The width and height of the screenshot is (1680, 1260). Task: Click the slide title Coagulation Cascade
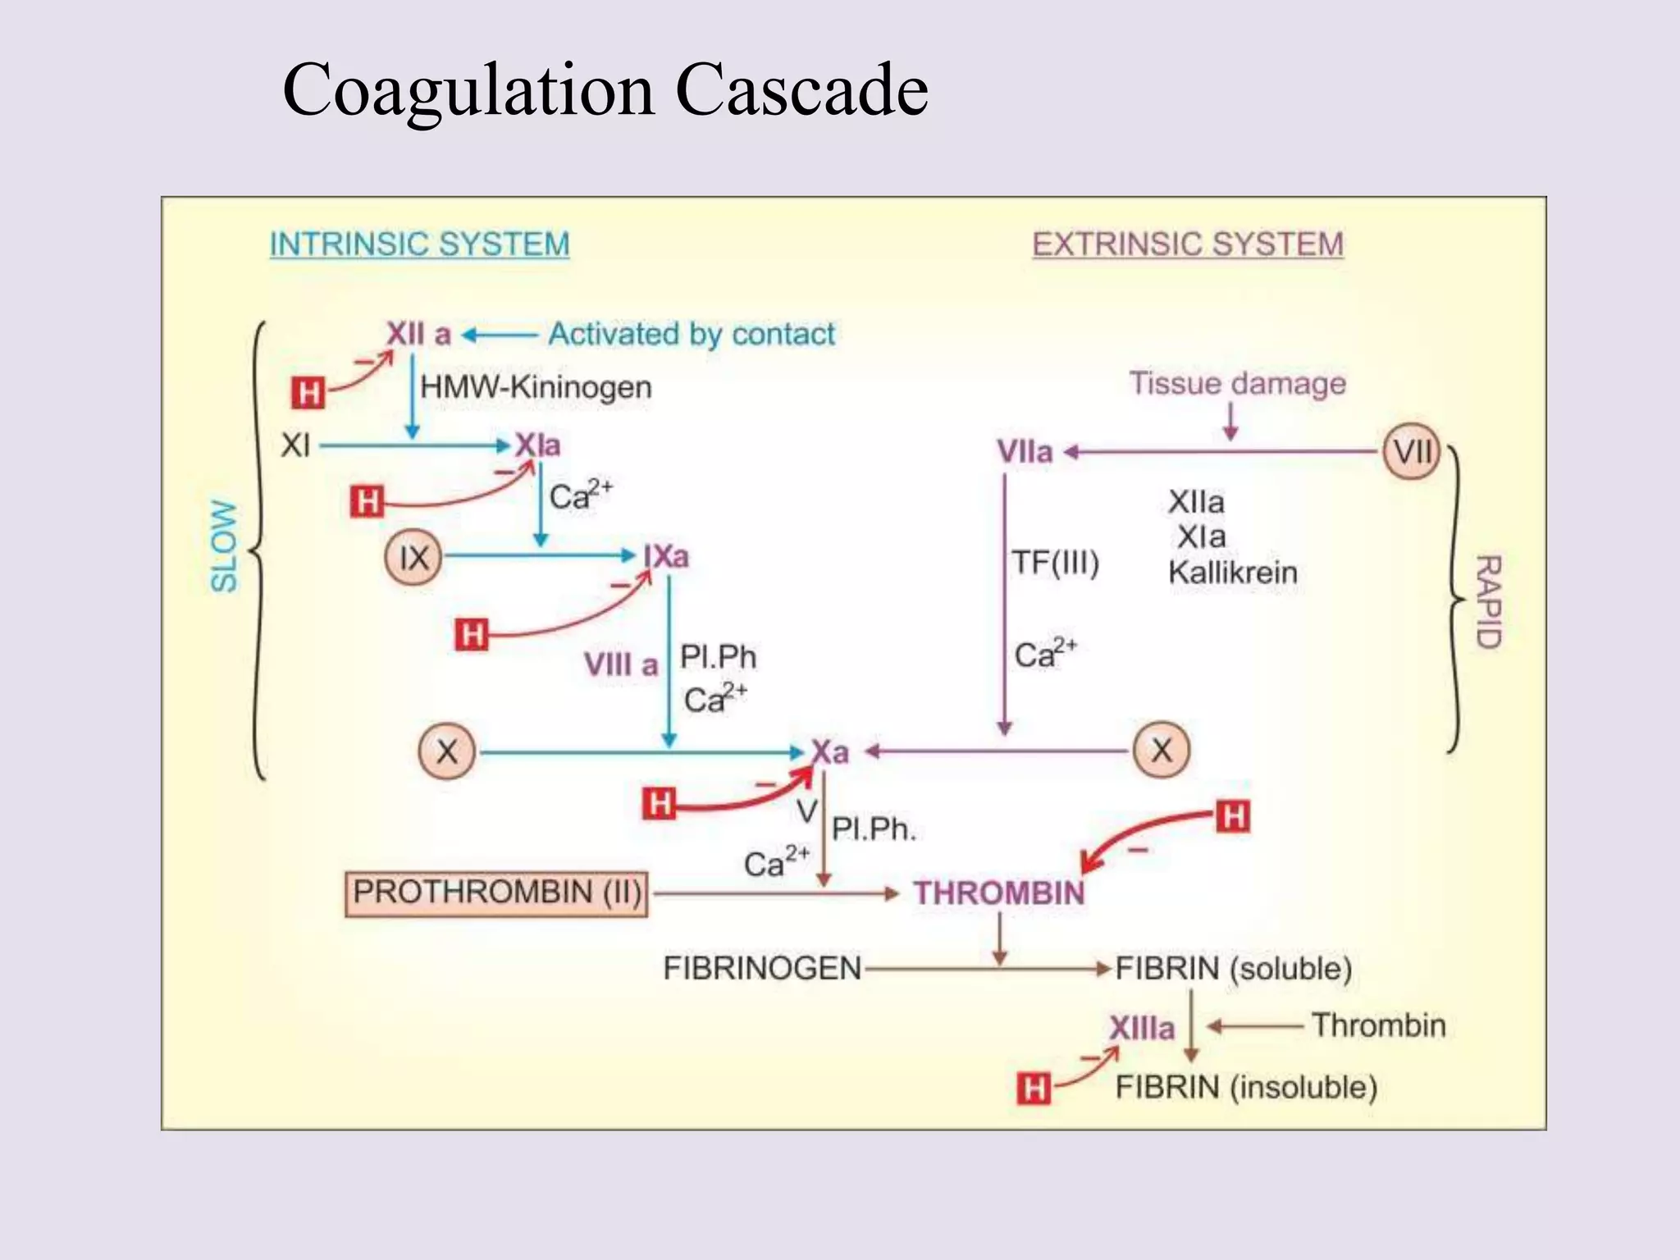(605, 90)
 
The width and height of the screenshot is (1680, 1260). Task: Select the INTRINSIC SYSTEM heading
(419, 244)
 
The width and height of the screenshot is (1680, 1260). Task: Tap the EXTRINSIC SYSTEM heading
(1187, 244)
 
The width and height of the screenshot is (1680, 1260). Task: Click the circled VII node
(1412, 451)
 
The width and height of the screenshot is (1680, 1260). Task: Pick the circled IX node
(413, 558)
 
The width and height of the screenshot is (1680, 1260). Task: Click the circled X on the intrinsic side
(447, 751)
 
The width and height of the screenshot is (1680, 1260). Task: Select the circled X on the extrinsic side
(1161, 750)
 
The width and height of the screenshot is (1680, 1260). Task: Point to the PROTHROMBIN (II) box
(496, 892)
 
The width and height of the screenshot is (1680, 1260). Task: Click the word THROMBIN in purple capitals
(999, 892)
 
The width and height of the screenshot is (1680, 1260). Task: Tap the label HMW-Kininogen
(536, 386)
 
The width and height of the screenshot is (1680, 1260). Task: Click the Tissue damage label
(1237, 383)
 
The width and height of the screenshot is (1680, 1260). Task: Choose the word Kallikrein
(1232, 572)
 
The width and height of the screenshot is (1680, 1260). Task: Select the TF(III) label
(1055, 563)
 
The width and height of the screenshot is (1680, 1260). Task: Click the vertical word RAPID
(1488, 601)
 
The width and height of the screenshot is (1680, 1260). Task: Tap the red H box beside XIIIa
(1033, 1089)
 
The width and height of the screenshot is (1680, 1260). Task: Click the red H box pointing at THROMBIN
(1233, 816)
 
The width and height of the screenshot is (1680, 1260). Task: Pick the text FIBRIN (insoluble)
(1245, 1087)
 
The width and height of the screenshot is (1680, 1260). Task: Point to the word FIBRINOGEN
(762, 968)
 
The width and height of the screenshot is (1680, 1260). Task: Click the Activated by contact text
(692, 334)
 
